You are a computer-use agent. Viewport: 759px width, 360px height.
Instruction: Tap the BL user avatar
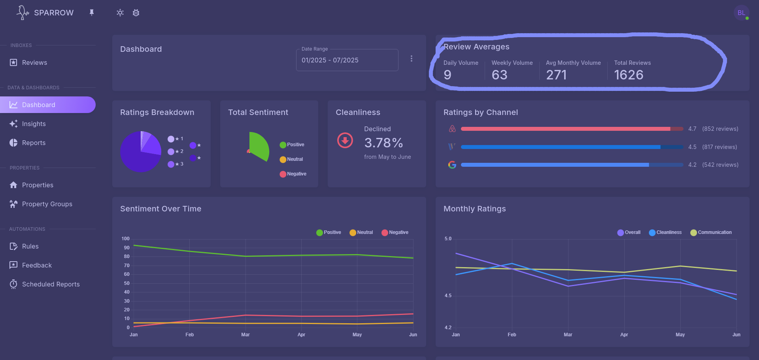pos(741,13)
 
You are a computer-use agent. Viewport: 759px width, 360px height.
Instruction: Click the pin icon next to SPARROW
pos(92,13)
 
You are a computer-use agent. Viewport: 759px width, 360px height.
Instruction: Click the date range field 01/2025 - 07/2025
pos(347,60)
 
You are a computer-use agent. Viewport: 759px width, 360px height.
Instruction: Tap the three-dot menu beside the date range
pos(412,58)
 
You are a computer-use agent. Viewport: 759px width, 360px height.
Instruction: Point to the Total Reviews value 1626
pos(629,75)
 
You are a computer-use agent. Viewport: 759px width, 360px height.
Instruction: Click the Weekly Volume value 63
pos(499,75)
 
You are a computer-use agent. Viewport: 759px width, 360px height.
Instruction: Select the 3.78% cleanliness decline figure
pos(383,143)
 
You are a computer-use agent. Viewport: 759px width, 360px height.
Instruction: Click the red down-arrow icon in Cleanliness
pos(345,140)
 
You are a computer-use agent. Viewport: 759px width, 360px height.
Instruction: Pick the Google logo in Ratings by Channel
pos(452,165)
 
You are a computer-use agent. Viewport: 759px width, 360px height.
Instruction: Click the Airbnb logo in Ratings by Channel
pos(452,129)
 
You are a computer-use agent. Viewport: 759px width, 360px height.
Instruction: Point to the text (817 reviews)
pos(719,147)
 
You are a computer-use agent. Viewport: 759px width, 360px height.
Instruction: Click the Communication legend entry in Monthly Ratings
pos(711,232)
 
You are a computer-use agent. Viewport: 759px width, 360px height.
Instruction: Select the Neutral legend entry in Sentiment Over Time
pos(361,232)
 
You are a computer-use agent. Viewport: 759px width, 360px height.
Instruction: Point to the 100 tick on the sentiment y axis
pos(125,239)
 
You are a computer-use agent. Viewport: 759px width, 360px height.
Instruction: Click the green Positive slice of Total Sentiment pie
pos(259,146)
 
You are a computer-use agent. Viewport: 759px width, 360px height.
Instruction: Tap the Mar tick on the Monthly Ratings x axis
pos(568,335)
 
